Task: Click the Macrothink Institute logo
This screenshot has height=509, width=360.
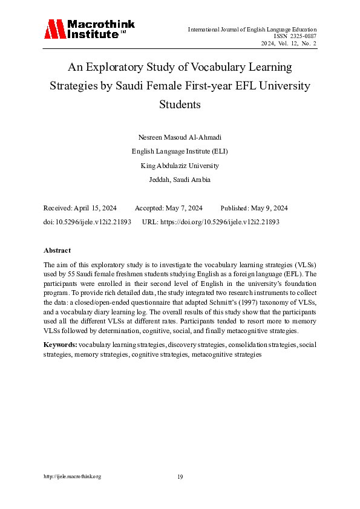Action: [x=88, y=29]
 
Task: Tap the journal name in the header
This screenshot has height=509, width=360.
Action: [x=252, y=29]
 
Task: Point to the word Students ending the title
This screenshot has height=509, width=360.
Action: [x=180, y=104]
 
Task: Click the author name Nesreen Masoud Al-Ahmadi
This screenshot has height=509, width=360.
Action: [x=180, y=137]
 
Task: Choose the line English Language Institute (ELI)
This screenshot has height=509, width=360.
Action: [x=180, y=151]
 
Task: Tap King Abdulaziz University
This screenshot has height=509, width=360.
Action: [x=180, y=166]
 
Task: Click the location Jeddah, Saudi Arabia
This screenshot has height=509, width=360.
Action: [x=180, y=180]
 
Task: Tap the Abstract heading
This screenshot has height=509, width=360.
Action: [x=57, y=250]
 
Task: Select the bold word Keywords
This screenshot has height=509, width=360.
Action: [x=60, y=344]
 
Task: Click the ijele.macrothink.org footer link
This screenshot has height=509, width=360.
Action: [x=72, y=477]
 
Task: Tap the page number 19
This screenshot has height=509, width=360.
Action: [x=180, y=477]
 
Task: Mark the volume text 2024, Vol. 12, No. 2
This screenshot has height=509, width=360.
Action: [x=289, y=44]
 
